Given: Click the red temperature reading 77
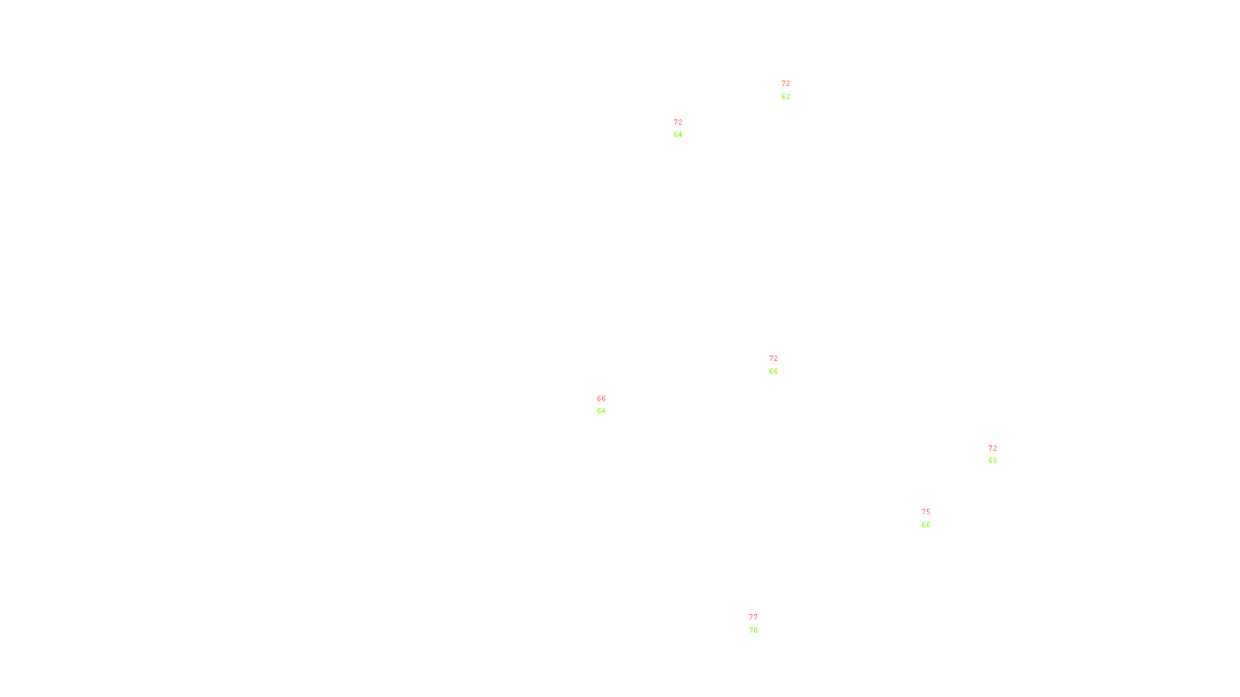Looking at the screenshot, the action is coord(753,617).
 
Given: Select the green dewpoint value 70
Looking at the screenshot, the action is coord(753,630).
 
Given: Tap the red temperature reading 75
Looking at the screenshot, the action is coord(926,512).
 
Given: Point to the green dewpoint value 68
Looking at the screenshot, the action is coord(993,461).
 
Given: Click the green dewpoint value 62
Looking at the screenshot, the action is coord(786,97).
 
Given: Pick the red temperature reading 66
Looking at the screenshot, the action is coord(601,399).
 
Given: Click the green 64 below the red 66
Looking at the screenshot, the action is coord(601,411).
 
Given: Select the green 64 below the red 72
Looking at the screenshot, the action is coord(678,135).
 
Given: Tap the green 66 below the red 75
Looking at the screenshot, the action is coord(926,525).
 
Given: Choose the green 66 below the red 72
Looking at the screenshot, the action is coord(773,372).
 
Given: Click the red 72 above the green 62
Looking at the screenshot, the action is coord(786,84).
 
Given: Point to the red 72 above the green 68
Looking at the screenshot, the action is coord(993,448).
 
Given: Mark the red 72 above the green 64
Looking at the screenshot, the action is coord(678,122).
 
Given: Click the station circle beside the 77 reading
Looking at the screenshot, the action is coord(760,624).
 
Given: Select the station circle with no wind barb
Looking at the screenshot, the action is coord(608,405).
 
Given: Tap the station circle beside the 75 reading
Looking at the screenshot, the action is coord(933,519).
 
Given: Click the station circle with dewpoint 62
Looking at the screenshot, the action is coord(793,91).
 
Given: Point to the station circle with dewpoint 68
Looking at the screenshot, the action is coord(1000,455).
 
